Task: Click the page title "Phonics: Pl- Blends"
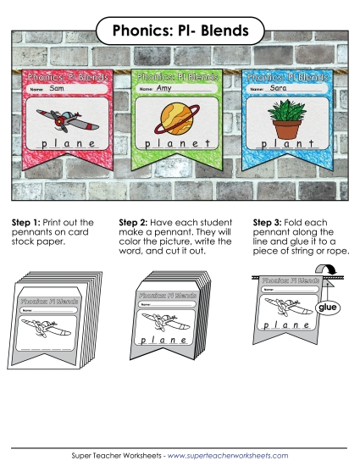[x=180, y=31]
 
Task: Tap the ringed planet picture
[x=176, y=119]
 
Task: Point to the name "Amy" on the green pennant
[x=166, y=88]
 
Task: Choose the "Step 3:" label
[x=269, y=223]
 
